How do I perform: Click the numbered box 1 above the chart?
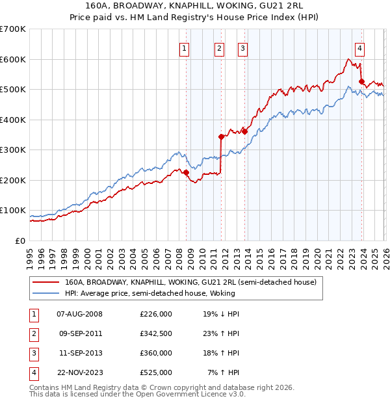coord(185,47)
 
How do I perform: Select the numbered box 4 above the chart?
coord(359,47)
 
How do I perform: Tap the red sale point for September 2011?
coord(221,136)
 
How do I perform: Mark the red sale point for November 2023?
coord(361,81)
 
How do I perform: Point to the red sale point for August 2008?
coord(186,172)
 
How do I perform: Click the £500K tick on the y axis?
coord(13,89)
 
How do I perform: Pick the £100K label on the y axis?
coord(13,211)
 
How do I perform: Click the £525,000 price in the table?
coord(156,372)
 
